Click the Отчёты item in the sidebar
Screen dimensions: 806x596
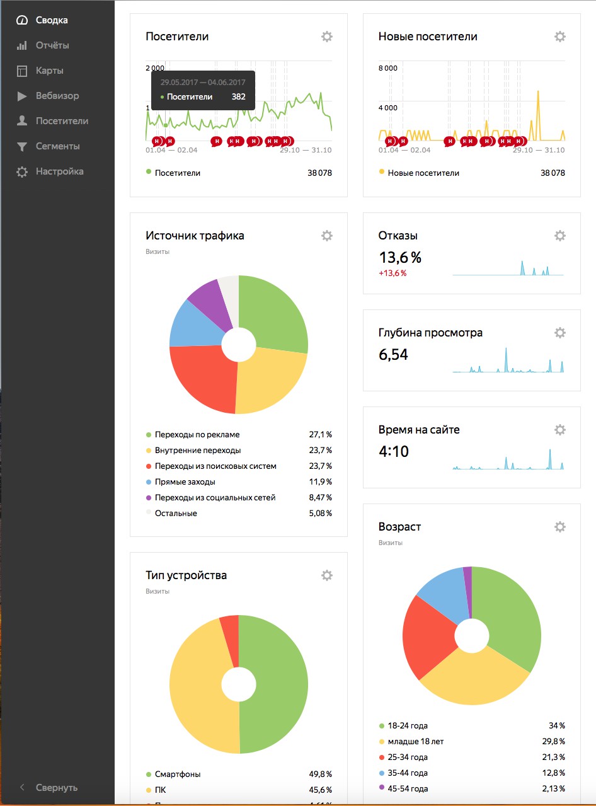52,45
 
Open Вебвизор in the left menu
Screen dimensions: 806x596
57,96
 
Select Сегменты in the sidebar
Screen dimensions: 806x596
57,146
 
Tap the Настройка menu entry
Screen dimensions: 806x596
59,171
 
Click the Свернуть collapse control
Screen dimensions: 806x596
56,788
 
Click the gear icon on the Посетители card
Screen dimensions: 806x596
327,37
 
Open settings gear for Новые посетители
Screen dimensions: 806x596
560,37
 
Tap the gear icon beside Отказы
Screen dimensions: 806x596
560,236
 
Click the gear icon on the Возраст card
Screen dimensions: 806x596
560,527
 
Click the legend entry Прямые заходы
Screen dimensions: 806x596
185,482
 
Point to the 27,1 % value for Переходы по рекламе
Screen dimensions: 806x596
320,435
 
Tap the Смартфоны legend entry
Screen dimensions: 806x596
177,774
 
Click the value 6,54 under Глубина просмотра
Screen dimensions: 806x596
393,355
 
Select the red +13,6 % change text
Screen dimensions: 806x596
393,273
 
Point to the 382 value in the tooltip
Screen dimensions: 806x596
238,97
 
